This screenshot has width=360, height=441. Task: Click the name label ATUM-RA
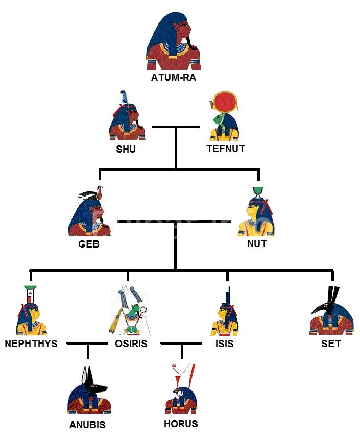[x=174, y=78]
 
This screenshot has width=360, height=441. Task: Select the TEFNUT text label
[x=225, y=149]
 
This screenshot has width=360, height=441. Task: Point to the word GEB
[x=89, y=244]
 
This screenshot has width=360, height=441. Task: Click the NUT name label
[x=257, y=244]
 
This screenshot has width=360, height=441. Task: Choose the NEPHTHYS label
[x=31, y=344]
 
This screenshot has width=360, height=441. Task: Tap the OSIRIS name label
[x=131, y=344]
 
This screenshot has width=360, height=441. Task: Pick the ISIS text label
[x=225, y=344]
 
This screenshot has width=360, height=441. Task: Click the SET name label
[x=331, y=344]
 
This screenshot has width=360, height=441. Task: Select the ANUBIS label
[x=88, y=425]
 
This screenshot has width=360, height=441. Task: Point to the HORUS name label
[x=181, y=424]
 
